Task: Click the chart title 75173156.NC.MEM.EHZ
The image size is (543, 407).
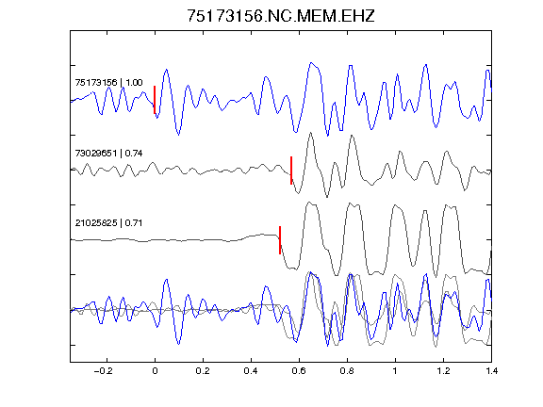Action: (x=281, y=16)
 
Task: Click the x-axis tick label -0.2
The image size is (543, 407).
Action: (x=103, y=371)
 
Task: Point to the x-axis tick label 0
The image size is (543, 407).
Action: (x=155, y=371)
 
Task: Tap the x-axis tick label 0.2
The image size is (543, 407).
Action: (x=203, y=371)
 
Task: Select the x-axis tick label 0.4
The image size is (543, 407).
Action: (x=251, y=371)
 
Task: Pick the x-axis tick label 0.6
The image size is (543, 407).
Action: (x=299, y=371)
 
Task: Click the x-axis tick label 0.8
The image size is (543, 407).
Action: (x=347, y=371)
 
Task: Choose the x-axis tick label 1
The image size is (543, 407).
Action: (x=395, y=371)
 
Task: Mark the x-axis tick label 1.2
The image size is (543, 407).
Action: (x=443, y=371)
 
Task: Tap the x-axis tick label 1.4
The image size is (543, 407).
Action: (x=491, y=371)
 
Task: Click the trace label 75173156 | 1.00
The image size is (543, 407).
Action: (x=108, y=82)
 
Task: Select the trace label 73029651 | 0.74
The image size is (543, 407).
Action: (x=108, y=153)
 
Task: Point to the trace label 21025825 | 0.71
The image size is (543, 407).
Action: (x=108, y=222)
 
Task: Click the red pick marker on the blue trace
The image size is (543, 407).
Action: (x=155, y=100)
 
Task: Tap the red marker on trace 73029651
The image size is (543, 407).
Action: (x=291, y=171)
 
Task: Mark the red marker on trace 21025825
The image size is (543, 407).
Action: (x=280, y=240)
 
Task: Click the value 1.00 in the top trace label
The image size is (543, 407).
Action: (x=134, y=82)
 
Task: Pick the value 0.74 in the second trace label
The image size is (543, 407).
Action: (x=134, y=153)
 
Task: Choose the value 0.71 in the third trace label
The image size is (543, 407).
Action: (x=134, y=222)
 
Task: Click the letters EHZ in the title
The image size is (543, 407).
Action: (x=358, y=16)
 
